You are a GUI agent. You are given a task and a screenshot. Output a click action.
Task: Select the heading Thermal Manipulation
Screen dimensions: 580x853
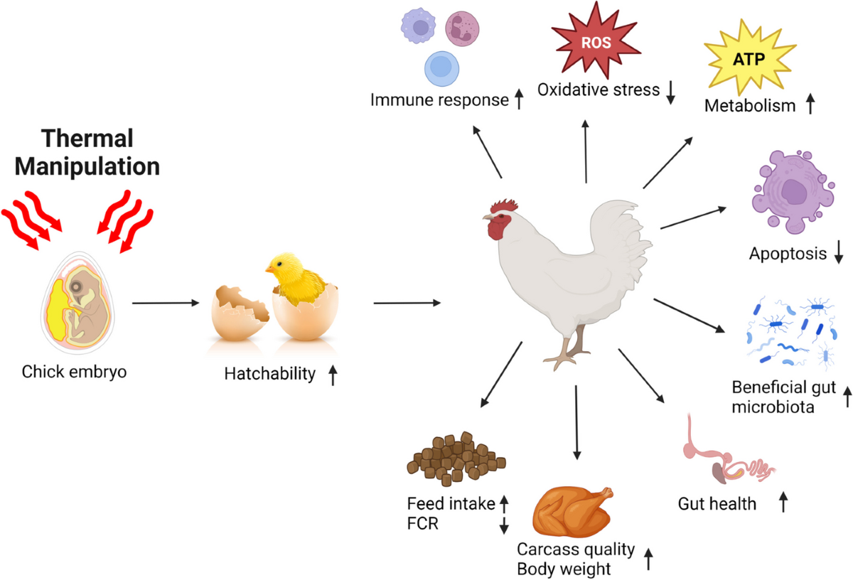(x=87, y=152)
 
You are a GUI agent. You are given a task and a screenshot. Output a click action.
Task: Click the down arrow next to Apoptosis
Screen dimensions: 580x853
(x=839, y=253)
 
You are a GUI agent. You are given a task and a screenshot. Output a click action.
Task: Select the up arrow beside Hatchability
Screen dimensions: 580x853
(x=333, y=375)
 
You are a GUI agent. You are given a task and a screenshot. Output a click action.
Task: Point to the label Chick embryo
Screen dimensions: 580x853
(x=74, y=371)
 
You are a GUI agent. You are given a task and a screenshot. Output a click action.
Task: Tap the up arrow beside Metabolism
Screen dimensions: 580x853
(x=809, y=106)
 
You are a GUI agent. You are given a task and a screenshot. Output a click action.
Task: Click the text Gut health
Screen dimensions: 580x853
(x=717, y=504)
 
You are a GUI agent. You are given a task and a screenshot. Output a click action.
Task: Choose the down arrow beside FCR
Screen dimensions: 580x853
(x=504, y=525)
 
